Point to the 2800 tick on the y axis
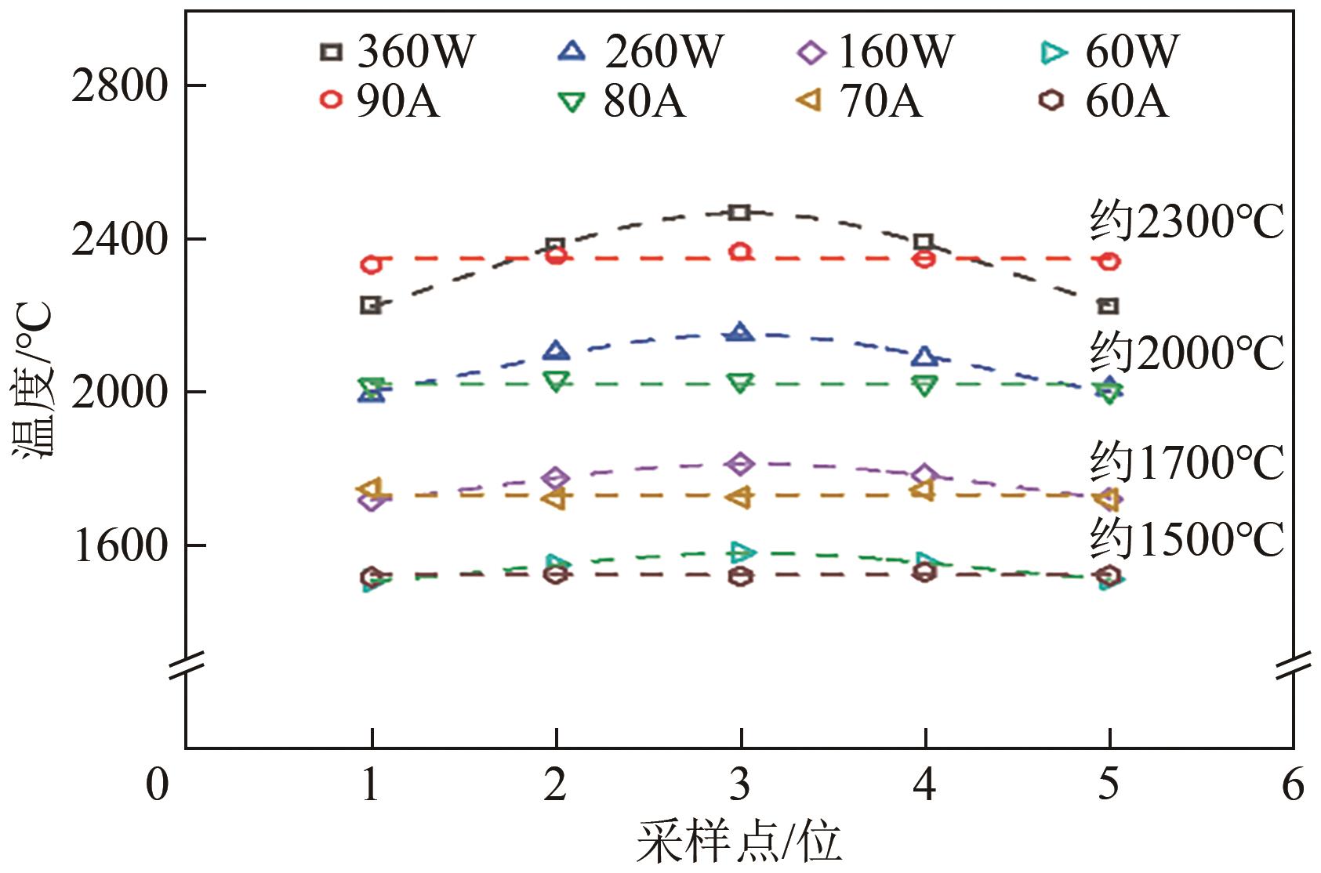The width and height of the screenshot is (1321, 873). point(120,85)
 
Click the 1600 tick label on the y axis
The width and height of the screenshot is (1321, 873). point(120,545)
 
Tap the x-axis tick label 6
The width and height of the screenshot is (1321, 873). point(1293,784)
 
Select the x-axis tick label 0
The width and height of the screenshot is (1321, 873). point(158,784)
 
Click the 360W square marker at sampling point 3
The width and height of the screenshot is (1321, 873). point(740,212)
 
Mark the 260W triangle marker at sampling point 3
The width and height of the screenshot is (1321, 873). point(740,333)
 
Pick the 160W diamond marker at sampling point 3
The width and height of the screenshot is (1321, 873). point(740,464)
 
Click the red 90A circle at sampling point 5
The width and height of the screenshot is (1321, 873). point(1109,262)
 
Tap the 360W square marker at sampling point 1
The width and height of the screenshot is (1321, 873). point(371,305)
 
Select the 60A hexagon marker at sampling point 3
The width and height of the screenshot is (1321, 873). point(740,578)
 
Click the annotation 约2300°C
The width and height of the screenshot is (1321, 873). point(1186,222)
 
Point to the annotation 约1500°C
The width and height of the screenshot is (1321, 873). point(1186,539)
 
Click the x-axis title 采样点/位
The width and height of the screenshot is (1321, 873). point(739,843)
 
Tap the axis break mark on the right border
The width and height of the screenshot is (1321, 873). point(1293,666)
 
